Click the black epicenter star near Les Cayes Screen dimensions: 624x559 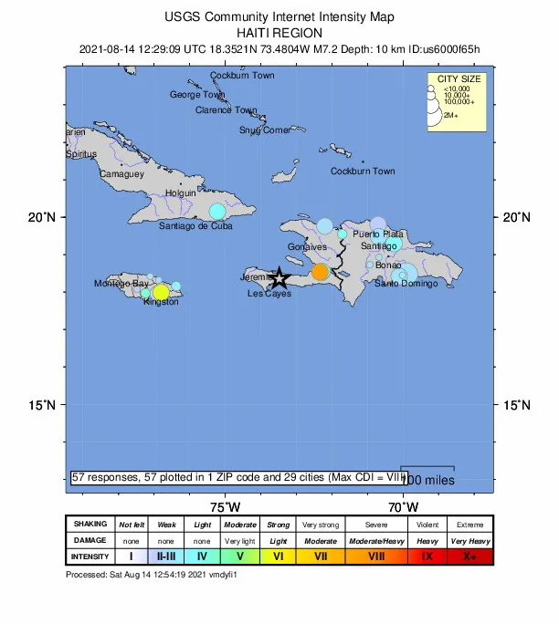point(279,278)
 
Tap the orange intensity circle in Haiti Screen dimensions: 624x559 point(320,272)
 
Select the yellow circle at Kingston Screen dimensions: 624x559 point(161,293)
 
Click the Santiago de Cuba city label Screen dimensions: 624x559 point(195,225)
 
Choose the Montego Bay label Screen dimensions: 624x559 point(121,284)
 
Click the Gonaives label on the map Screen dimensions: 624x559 point(307,247)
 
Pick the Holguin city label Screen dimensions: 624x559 point(181,193)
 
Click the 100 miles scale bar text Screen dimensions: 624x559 point(428,480)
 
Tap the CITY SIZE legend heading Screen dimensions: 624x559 point(459,79)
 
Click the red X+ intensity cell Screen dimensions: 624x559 point(469,556)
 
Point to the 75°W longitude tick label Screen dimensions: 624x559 point(225,506)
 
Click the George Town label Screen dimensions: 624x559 point(197,95)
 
